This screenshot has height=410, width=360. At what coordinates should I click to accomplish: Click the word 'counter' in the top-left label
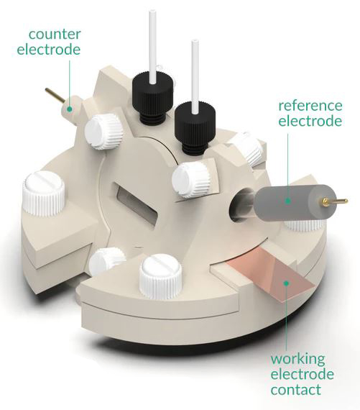[55, 35]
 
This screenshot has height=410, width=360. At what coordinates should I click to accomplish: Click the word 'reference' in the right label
[310, 105]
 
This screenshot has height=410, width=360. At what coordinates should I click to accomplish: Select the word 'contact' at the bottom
[296, 390]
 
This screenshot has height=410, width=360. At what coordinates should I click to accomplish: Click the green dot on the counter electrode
[69, 109]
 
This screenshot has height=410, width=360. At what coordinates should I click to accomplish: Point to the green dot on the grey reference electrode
[288, 201]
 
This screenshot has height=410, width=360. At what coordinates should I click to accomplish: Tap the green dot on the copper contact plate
[287, 283]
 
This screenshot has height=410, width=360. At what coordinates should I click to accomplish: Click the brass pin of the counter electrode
[54, 96]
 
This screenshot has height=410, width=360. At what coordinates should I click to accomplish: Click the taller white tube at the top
[152, 47]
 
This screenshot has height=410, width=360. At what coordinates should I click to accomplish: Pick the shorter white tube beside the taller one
[195, 77]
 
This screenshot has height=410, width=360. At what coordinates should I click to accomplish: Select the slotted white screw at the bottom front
[160, 277]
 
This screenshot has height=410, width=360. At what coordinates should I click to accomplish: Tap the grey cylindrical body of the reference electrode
[295, 202]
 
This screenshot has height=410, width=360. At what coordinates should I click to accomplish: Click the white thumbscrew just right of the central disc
[191, 179]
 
